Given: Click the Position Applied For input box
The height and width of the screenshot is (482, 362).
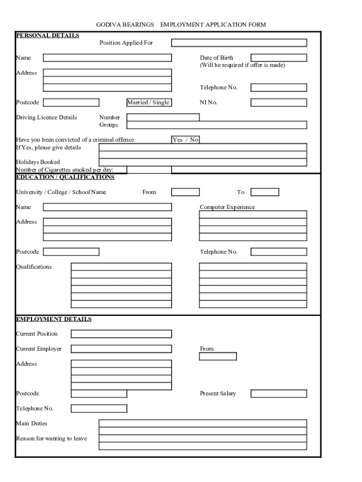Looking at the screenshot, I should point(239,43).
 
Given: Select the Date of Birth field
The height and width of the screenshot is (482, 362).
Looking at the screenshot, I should point(278,58).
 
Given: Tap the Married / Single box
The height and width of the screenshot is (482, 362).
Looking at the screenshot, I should point(148,103).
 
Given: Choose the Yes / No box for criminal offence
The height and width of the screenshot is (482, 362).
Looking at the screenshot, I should point(186,140).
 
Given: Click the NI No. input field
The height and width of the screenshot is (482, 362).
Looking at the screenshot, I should point(278,103).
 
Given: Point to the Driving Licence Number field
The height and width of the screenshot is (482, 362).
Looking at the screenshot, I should point(163,117).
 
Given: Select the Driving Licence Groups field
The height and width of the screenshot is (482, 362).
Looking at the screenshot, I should point(217,125).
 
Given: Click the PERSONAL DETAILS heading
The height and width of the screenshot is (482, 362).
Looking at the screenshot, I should point(47,35).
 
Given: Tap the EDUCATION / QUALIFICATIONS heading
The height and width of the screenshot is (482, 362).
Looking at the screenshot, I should point(65,177).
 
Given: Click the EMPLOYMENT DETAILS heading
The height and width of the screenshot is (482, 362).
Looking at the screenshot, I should point(54,319).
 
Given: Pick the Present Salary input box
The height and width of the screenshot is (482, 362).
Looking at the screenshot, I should point(278,394).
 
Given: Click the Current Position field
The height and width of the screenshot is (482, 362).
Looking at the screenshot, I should point(121,334).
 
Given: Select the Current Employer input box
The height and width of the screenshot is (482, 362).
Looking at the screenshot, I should point(121,349).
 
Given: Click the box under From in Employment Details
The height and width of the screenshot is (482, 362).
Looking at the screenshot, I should point(218,356).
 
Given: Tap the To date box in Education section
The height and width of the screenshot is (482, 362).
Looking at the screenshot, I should point(265,192).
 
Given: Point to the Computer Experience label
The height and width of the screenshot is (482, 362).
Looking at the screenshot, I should point(227,207).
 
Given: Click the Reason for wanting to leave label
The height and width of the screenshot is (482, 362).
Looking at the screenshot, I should point(51,439).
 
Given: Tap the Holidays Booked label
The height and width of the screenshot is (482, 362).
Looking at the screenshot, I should point(38,162).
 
